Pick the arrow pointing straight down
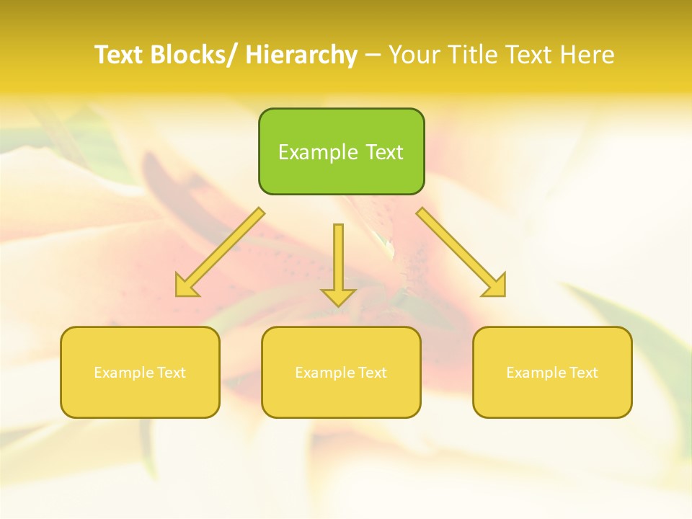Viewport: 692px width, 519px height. (x=338, y=259)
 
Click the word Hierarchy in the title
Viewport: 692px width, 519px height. (x=301, y=55)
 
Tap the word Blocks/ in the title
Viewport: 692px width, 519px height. (x=196, y=55)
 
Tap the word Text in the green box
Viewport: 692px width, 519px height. (x=384, y=152)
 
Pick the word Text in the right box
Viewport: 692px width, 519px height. (x=583, y=373)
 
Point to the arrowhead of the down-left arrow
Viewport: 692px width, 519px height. (x=185, y=287)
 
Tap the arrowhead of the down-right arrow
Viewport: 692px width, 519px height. (x=496, y=287)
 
